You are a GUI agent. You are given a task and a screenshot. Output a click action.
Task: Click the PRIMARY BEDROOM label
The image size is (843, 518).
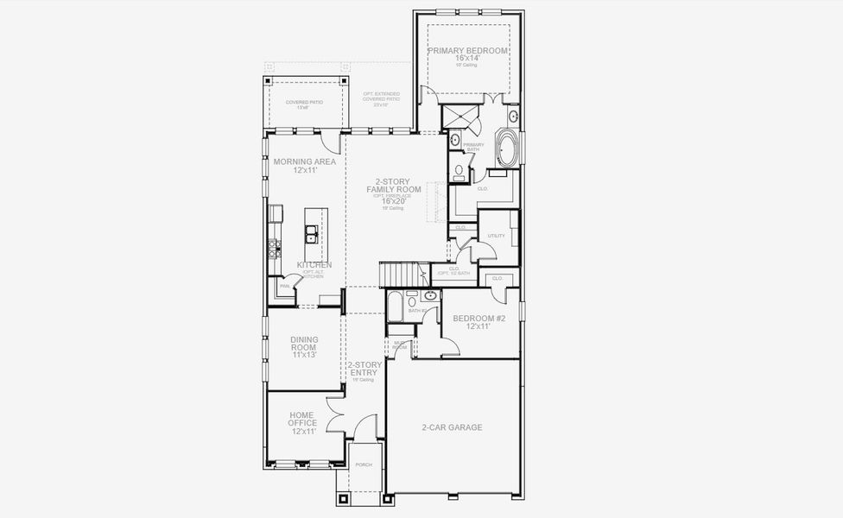coord(468,51)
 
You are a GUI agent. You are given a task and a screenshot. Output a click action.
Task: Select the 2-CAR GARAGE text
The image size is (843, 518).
coord(452,427)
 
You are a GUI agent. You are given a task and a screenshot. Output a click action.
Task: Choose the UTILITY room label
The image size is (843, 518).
coord(496,235)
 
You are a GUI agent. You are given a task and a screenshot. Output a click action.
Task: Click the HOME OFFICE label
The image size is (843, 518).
coord(303,422)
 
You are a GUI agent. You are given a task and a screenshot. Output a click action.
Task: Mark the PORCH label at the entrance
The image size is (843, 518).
coord(364,464)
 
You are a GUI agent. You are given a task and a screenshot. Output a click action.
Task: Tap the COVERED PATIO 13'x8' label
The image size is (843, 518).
coord(303,104)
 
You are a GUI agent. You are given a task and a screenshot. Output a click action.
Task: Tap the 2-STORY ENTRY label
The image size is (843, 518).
coord(364,369)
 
